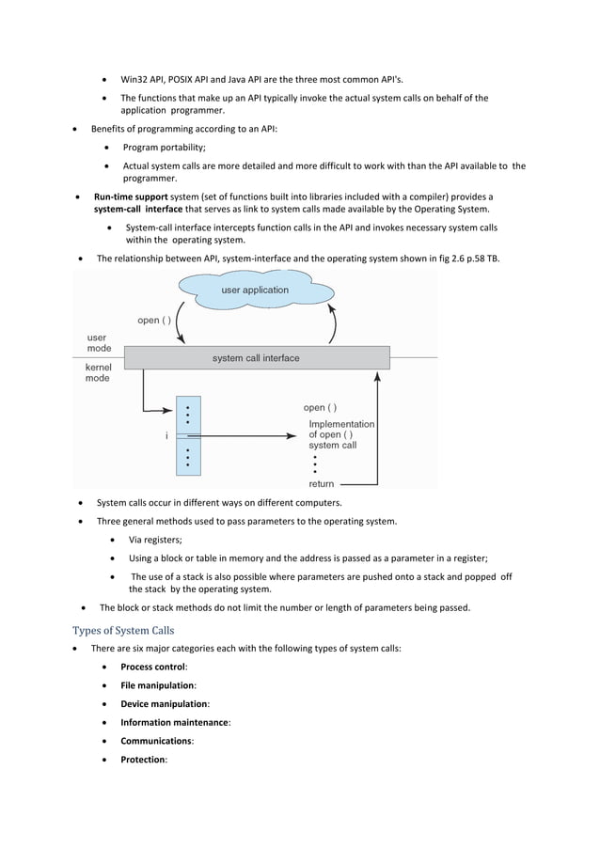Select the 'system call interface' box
pyautogui.click(x=256, y=358)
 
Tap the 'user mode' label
pyautogui.click(x=98, y=343)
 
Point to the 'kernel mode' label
pyautogui.click(x=98, y=372)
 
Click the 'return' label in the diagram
pyautogui.click(x=322, y=483)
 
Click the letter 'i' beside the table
pyautogui.click(x=166, y=435)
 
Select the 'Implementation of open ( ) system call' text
pyautogui.click(x=340, y=434)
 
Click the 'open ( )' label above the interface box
pyautogui.click(x=154, y=321)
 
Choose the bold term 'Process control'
pyautogui.click(x=153, y=667)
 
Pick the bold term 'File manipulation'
pyautogui.click(x=157, y=685)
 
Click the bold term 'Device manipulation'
pyautogui.click(x=164, y=703)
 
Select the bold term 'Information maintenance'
pyautogui.click(x=174, y=722)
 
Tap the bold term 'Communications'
pyautogui.click(x=155, y=741)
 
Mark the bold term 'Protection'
pyautogui.click(x=142, y=760)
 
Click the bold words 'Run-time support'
pyautogui.click(x=131, y=196)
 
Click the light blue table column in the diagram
pyautogui.click(x=188, y=436)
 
